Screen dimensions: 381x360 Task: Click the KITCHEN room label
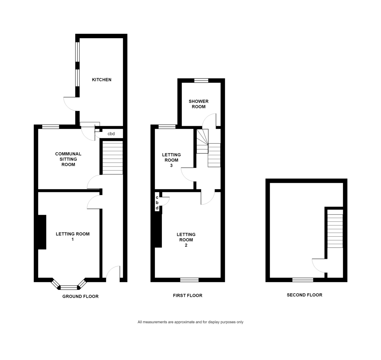point(102,80)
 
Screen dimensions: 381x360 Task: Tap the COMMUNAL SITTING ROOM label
point(68,159)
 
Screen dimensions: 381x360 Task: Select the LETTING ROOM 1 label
point(72,236)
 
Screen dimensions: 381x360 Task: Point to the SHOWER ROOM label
point(198,104)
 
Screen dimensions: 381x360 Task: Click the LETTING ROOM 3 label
point(171,160)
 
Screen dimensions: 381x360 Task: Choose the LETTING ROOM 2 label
point(186,240)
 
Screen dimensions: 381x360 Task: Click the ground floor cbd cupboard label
point(111,134)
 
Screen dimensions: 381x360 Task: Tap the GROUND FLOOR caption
point(80,296)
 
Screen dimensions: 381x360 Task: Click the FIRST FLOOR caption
point(188,295)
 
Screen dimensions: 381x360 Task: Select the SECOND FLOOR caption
point(304,295)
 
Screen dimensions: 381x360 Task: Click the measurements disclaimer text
point(190,322)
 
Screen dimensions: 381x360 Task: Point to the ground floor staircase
point(113,158)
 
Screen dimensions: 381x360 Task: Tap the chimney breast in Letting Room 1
point(42,232)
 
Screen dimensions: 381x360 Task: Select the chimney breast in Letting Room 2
point(158,231)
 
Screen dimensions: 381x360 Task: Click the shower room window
point(201,80)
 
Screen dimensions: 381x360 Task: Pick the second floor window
point(303,280)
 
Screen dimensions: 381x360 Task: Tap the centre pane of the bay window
point(69,288)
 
